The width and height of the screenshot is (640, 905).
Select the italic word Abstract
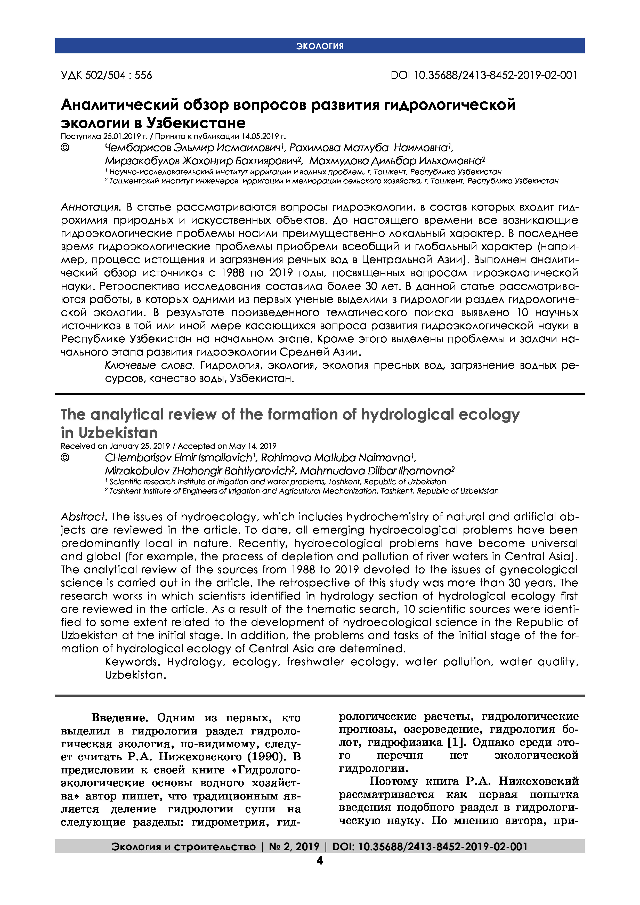[x=83, y=517]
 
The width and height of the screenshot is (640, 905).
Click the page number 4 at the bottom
[x=320, y=860]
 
